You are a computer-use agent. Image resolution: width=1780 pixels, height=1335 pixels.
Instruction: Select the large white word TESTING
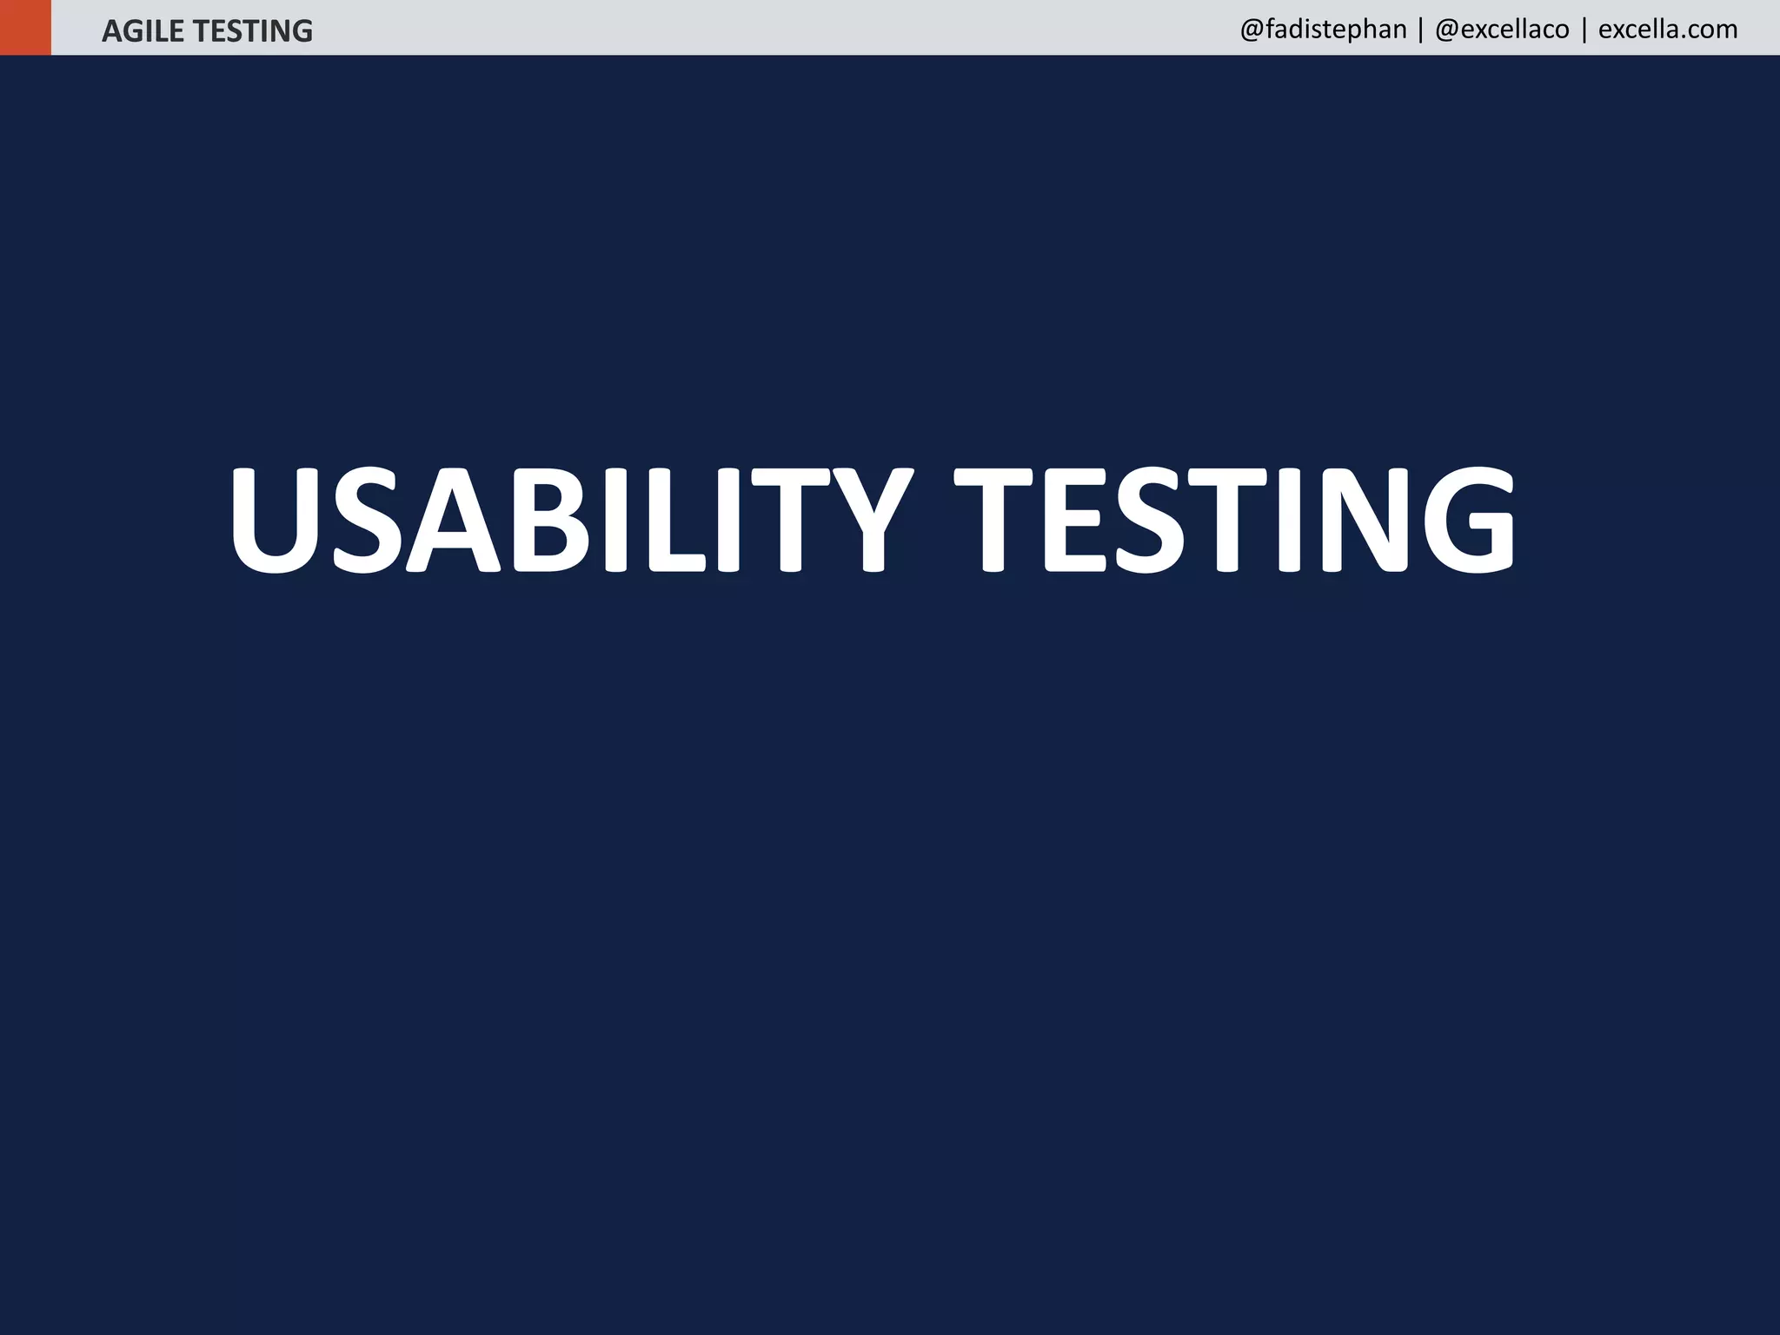click(x=1234, y=520)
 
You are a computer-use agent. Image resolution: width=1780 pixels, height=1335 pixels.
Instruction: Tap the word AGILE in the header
click(x=143, y=31)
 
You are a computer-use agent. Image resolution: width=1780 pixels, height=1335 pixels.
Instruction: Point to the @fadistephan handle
click(x=1323, y=30)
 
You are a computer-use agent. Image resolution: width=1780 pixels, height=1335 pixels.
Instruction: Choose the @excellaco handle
click(x=1502, y=30)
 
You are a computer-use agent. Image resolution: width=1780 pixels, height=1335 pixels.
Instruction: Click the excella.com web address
click(x=1667, y=30)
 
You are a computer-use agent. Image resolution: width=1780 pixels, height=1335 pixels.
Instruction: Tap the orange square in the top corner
click(x=25, y=27)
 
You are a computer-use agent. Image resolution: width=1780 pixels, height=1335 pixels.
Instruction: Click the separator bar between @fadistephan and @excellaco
click(x=1420, y=30)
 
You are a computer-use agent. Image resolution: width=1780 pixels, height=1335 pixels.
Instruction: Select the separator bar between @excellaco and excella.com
click(x=1584, y=30)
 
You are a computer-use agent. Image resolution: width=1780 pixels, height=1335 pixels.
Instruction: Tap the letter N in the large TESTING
click(x=1363, y=520)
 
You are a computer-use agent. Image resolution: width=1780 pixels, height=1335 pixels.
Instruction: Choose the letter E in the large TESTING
click(x=1074, y=520)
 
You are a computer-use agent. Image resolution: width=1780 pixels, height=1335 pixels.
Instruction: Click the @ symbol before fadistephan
click(x=1252, y=30)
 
